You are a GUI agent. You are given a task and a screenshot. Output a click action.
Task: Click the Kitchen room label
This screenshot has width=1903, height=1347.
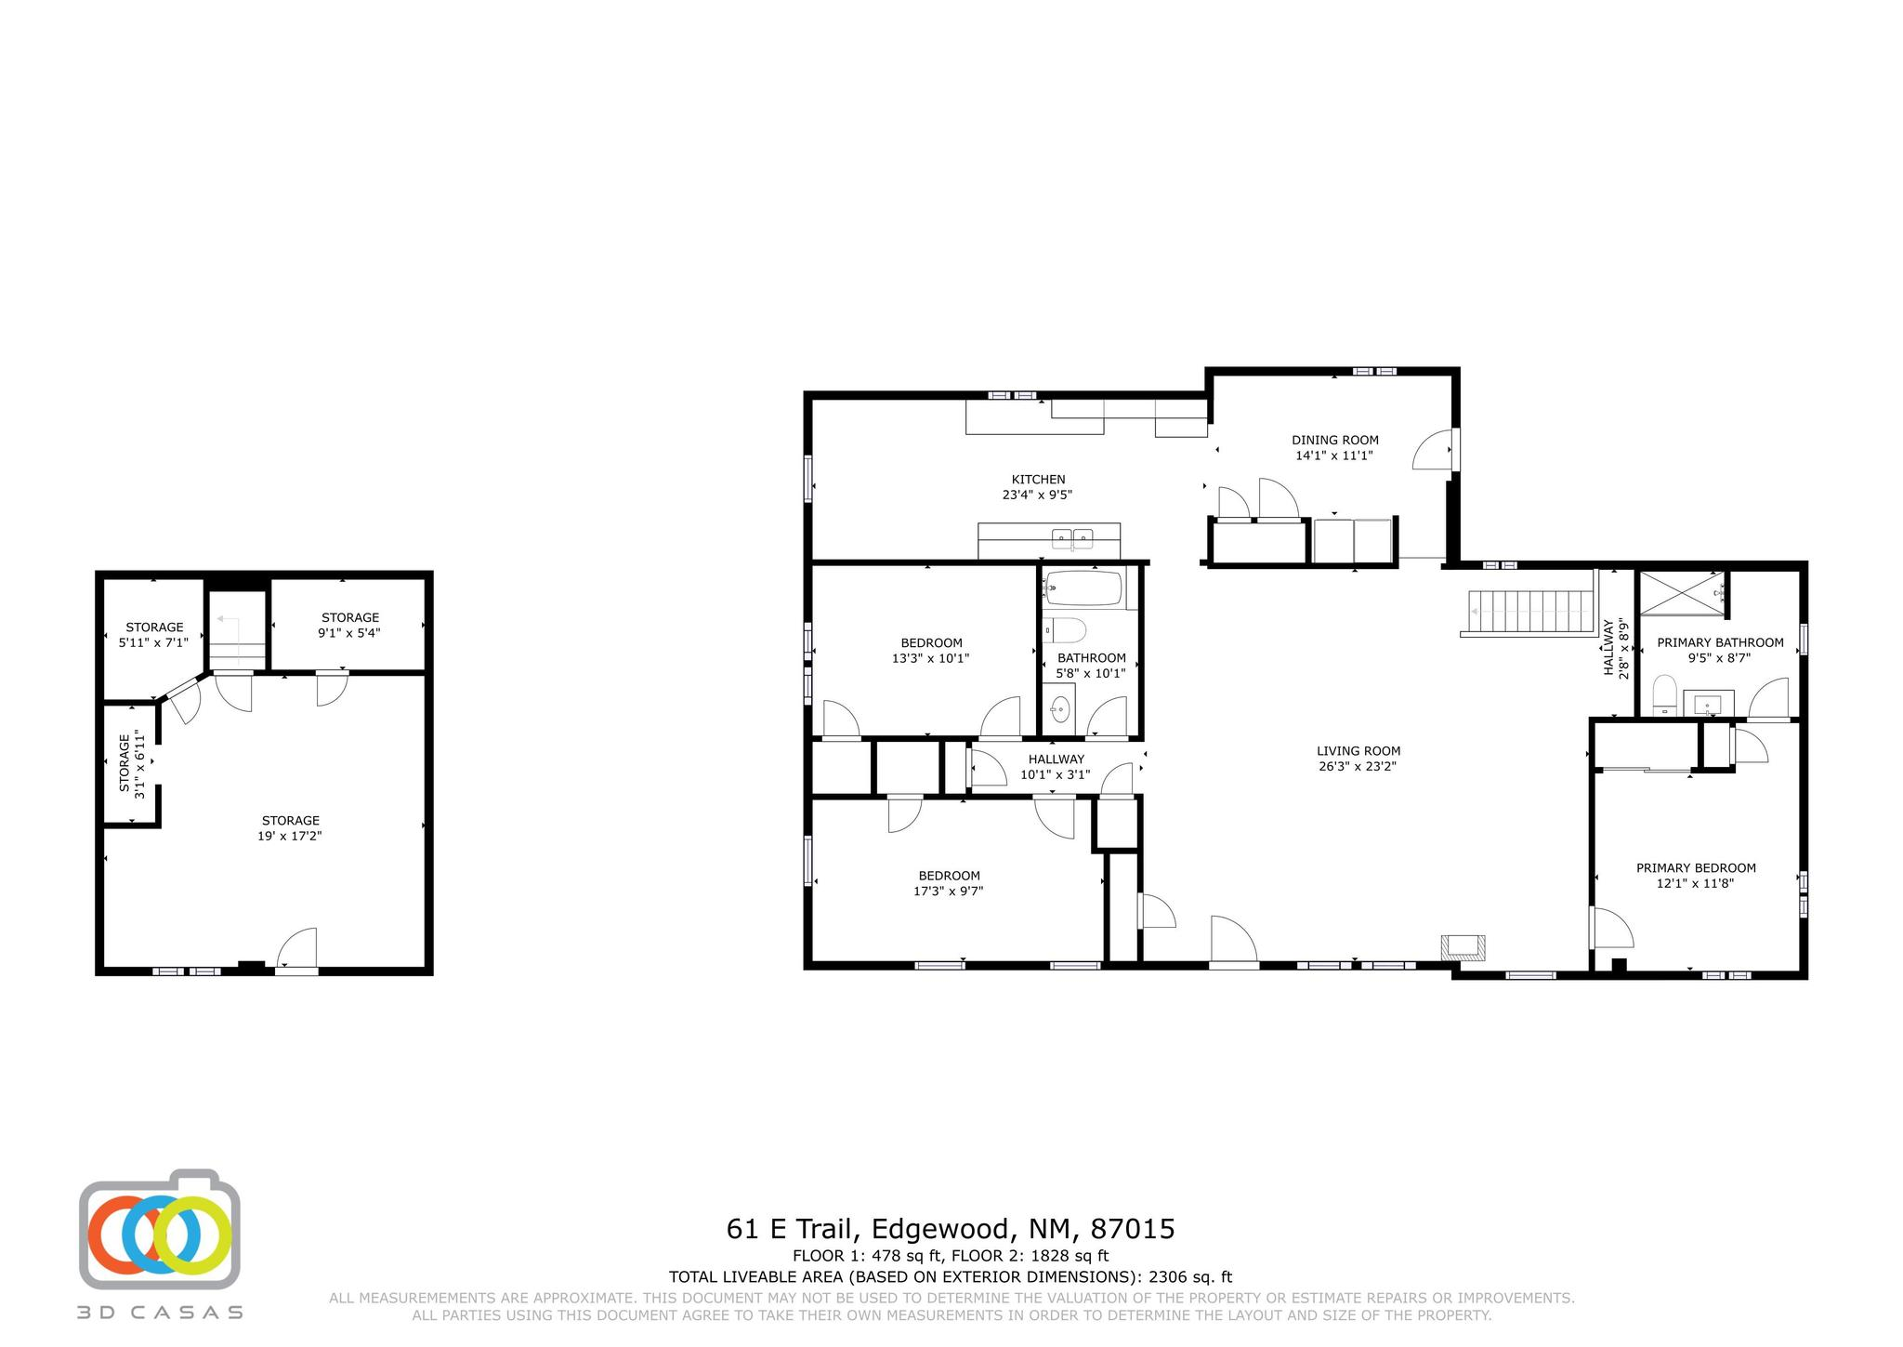(x=1038, y=480)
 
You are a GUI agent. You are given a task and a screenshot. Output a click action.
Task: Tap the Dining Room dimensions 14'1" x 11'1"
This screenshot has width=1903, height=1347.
(x=1334, y=456)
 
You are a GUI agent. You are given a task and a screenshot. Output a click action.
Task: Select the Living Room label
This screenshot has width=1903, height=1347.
(x=1358, y=751)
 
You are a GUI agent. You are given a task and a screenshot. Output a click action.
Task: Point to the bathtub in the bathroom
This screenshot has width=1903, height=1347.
(x=1083, y=588)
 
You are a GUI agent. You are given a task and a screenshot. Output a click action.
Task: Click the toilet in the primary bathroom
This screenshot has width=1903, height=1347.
(x=1663, y=695)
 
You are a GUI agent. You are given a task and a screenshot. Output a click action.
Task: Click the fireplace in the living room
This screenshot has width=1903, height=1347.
(x=1463, y=946)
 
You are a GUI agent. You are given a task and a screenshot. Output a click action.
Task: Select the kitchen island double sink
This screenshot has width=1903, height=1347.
(x=1072, y=537)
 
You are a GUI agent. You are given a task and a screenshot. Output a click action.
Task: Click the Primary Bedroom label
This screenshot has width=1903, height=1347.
(x=1696, y=868)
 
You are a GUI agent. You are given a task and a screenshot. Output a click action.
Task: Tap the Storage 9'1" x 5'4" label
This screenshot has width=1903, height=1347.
(x=350, y=625)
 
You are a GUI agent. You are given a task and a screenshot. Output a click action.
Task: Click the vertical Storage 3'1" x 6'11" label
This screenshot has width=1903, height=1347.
(x=131, y=766)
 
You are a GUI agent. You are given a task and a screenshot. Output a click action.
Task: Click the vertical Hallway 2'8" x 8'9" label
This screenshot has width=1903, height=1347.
(x=1616, y=647)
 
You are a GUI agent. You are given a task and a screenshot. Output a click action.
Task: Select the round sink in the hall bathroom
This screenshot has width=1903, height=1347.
(x=1059, y=711)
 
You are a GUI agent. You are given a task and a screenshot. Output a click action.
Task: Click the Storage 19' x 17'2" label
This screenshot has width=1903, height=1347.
(x=290, y=828)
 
